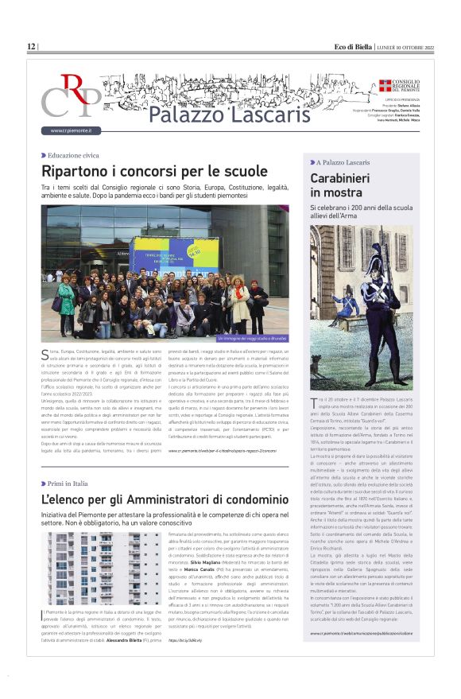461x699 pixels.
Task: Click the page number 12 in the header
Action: [31, 47]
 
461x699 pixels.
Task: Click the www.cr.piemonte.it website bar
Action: [72, 130]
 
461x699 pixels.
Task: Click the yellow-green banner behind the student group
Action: [174, 254]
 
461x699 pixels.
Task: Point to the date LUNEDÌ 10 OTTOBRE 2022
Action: [405, 47]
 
